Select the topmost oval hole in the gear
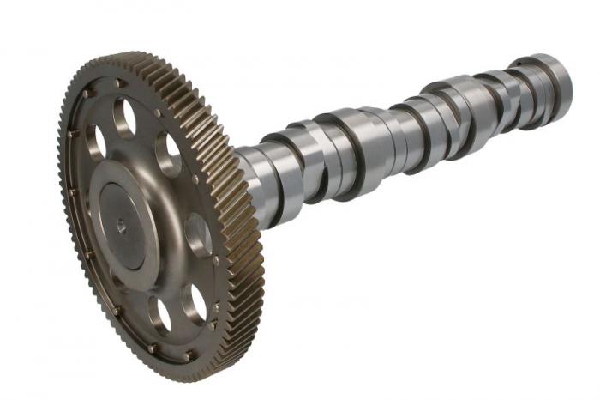pyautogui.click(x=125, y=118)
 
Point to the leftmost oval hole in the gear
pyautogui.click(x=94, y=143)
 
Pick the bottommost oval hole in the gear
pyautogui.click(x=159, y=314)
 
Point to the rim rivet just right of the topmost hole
pyautogui.click(x=156, y=112)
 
